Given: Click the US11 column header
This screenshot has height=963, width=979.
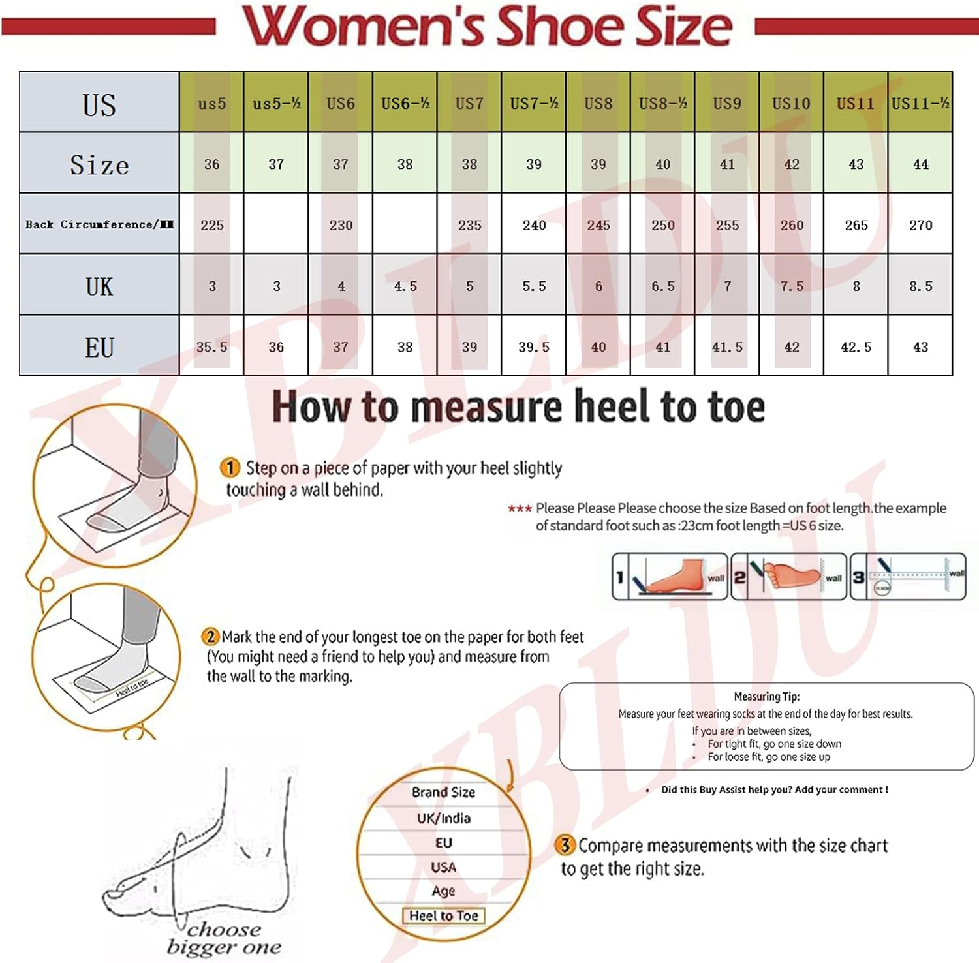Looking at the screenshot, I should [x=855, y=103].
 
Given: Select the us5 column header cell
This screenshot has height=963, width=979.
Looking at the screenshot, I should [x=211, y=103].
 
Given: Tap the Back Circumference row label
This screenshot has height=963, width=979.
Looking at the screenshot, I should [x=99, y=224].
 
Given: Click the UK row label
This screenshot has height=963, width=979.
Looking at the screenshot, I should [x=99, y=286].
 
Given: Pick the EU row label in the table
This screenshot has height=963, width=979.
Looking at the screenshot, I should [x=99, y=347].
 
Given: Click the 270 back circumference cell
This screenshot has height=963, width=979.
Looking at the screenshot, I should [x=920, y=225].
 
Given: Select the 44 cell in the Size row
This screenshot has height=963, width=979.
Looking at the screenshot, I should [x=920, y=164].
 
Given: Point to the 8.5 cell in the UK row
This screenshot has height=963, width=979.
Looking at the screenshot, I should [x=920, y=286].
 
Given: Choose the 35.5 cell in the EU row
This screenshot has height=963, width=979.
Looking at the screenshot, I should [x=211, y=347].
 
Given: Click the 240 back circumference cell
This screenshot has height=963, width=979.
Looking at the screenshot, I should [x=534, y=225].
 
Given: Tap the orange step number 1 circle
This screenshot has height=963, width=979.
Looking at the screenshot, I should [x=230, y=467].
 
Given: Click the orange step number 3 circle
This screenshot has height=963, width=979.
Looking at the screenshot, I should [x=565, y=845].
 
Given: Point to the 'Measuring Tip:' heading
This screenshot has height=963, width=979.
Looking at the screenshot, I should [x=766, y=696].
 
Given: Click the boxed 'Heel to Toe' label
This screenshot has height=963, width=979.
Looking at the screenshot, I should [x=443, y=915].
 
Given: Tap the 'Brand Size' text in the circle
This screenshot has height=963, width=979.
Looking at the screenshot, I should [x=443, y=792].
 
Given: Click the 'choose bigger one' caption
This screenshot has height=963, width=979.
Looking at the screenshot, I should [x=223, y=938].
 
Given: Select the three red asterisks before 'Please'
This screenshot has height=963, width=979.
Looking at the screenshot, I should [x=520, y=509].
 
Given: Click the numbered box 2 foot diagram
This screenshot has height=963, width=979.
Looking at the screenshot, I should [x=788, y=577].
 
